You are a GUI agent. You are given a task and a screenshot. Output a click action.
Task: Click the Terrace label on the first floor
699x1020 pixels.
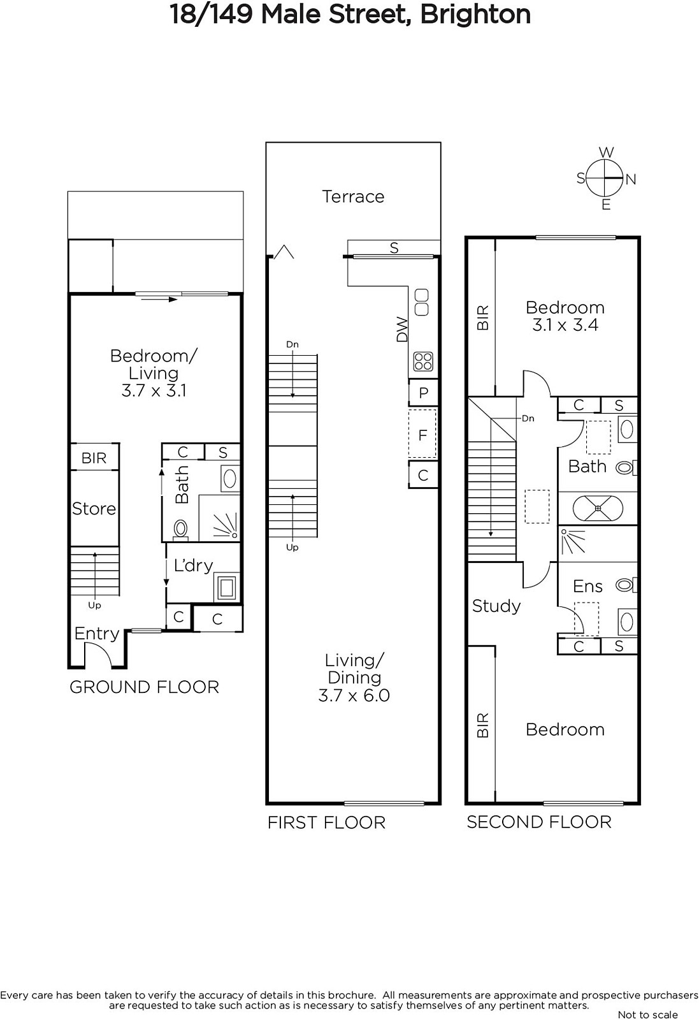pyautogui.click(x=353, y=197)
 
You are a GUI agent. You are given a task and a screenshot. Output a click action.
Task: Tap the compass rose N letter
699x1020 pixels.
pyautogui.click(x=631, y=179)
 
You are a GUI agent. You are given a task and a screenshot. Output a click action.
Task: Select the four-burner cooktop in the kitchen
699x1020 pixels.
pyautogui.click(x=422, y=362)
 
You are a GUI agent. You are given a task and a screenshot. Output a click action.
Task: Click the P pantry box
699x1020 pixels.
pyautogui.click(x=423, y=393)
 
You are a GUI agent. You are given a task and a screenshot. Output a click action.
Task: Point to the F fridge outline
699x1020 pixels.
pyautogui.click(x=422, y=434)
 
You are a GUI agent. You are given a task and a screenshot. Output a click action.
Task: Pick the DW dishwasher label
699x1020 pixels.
pyautogui.click(x=402, y=329)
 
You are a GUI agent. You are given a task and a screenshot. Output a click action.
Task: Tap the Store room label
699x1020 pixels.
pyautogui.click(x=94, y=509)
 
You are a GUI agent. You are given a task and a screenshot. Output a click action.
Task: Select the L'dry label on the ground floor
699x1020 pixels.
pyautogui.click(x=194, y=565)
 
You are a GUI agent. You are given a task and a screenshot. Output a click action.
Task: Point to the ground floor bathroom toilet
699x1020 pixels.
pyautogui.click(x=181, y=530)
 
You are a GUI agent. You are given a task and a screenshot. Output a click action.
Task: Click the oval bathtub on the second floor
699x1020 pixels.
pyautogui.click(x=598, y=508)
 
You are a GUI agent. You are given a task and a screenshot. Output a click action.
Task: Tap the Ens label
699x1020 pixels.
pyautogui.click(x=587, y=586)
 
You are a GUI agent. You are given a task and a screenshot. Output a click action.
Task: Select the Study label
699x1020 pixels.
pyautogui.click(x=496, y=606)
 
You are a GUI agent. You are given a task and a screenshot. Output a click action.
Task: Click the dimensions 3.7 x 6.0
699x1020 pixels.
pyautogui.click(x=354, y=696)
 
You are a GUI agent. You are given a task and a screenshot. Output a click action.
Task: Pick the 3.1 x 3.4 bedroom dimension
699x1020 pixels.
pyautogui.click(x=565, y=325)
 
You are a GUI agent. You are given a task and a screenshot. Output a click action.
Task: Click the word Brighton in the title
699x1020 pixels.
pyautogui.click(x=475, y=14)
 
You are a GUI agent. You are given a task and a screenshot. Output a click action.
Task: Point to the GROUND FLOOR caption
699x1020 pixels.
pyautogui.click(x=144, y=687)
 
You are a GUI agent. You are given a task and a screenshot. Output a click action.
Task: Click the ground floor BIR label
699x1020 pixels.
pyautogui.click(x=94, y=458)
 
